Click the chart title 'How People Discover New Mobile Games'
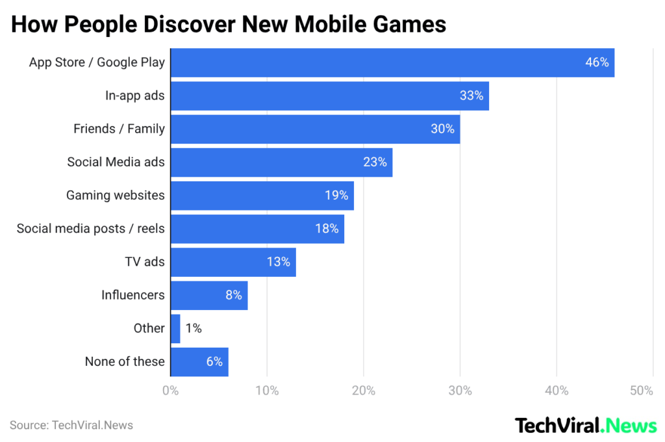click(229, 24)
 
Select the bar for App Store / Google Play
click(392, 62)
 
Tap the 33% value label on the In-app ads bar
click(471, 96)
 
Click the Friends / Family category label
click(119, 129)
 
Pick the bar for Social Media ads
click(281, 162)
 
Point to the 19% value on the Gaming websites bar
click(337, 196)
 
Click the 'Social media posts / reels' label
click(90, 228)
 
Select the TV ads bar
click(233, 262)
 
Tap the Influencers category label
click(132, 295)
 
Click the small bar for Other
click(175, 328)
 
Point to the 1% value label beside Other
click(194, 328)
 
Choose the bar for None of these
click(199, 361)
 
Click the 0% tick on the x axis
click(170, 391)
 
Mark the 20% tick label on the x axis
click(363, 391)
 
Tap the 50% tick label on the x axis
click(641, 391)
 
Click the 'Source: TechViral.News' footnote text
click(71, 425)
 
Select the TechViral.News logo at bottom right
click(586, 426)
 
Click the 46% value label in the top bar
click(597, 62)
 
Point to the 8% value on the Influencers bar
click(234, 295)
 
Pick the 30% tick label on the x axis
click(460, 391)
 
